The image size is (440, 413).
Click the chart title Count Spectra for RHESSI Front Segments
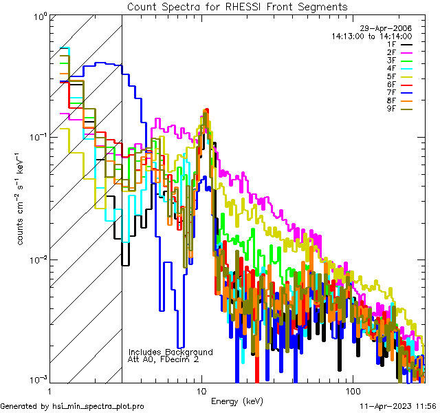coord(237,6)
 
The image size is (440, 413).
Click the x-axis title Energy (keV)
coord(237,401)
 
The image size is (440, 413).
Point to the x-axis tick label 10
coord(201,390)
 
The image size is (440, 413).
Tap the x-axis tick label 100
coord(352,390)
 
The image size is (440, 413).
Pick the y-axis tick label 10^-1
coord(36,137)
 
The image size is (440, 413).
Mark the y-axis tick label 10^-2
coord(36,259)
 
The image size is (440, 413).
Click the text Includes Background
coord(170,352)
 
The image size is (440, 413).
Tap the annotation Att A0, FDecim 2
coord(164,359)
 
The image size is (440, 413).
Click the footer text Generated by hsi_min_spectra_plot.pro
coord(72,406)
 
